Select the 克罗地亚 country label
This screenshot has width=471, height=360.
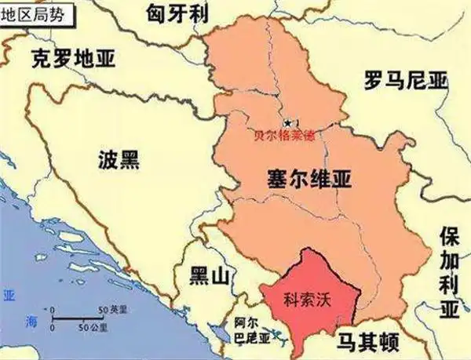71,58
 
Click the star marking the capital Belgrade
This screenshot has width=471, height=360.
290,123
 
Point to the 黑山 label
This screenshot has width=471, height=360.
212,275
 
